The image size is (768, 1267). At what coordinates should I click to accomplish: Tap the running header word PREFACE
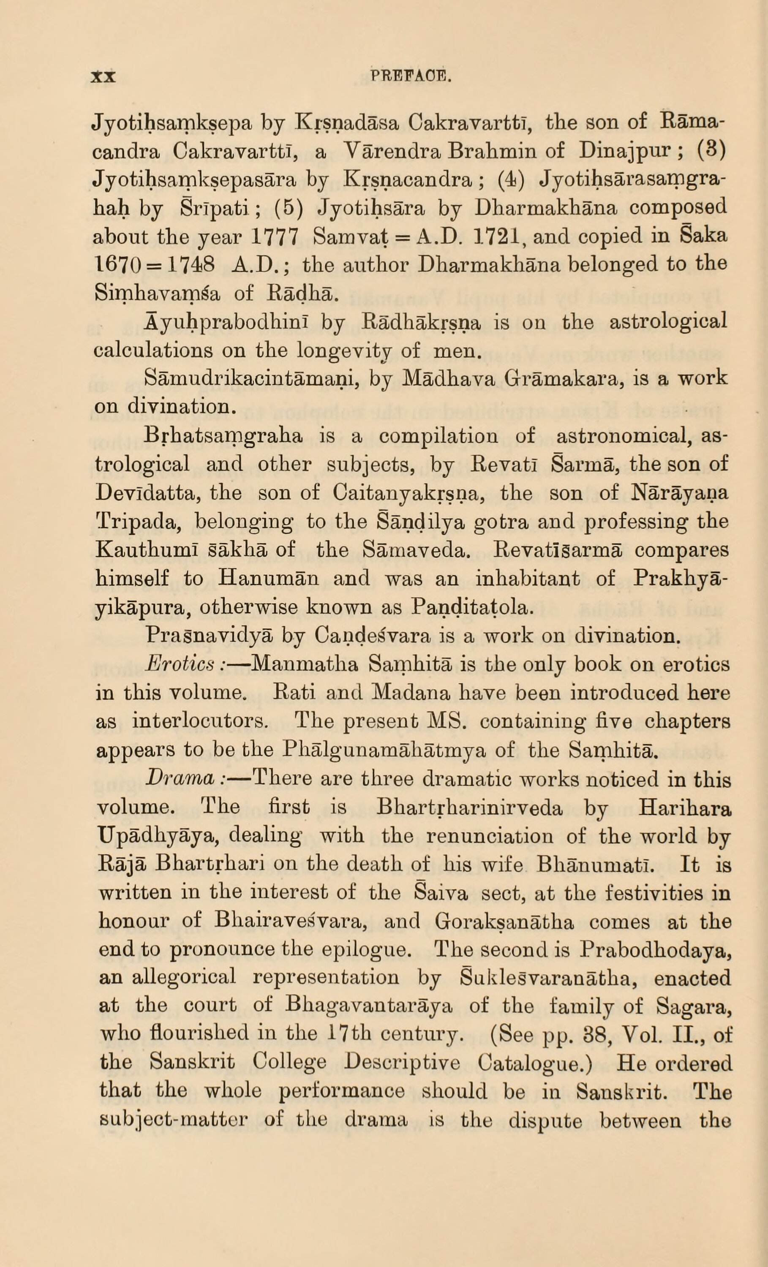pyautogui.click(x=411, y=78)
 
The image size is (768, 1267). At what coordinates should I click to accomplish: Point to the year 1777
pyautogui.click(x=276, y=237)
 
